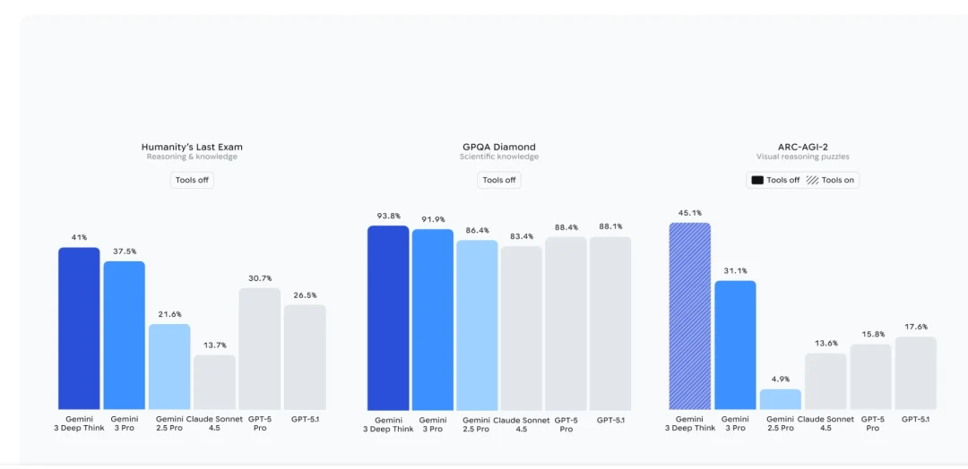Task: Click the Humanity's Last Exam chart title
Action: point(192,147)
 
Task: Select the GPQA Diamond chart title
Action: point(498,147)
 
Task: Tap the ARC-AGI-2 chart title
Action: point(802,147)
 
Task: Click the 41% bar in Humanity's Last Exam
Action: point(79,328)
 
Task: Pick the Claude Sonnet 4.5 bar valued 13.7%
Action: point(214,382)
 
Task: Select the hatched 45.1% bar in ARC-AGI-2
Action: point(689,316)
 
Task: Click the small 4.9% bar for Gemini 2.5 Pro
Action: point(780,399)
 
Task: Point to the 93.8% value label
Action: point(388,216)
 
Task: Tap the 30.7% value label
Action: point(259,278)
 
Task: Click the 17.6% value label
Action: point(915,327)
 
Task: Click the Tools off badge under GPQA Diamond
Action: point(498,180)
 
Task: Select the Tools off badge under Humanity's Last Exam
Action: point(192,180)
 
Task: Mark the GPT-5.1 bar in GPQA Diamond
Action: point(609,323)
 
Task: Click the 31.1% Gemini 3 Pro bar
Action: point(735,345)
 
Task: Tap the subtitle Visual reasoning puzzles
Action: point(802,158)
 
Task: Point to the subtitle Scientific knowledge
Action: point(498,158)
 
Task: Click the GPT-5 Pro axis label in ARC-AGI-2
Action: point(871,423)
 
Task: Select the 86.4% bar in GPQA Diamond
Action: point(477,325)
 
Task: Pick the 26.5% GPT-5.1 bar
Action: point(305,357)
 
